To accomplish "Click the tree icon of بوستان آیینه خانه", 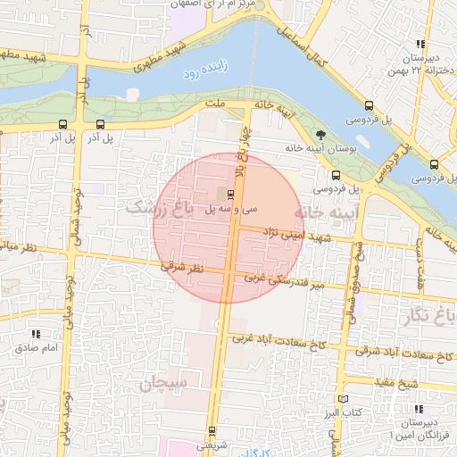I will pos(320,135).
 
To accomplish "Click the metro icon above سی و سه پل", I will pos(231,194).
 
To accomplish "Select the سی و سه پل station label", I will pos(231,209).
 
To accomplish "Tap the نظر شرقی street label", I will pos(182,267).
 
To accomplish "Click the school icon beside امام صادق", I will pos(25,333).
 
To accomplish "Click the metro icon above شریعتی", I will pos(212,429).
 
